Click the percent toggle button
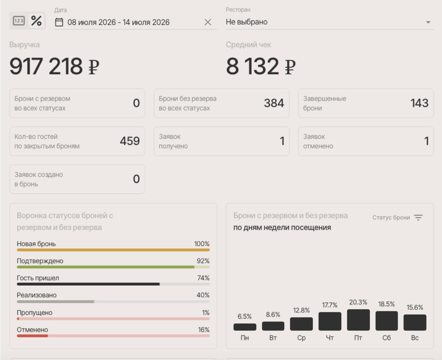pos(36,21)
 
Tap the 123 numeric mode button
pos(19,21)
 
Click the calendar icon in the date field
pos(59,22)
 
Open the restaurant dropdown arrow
pos(428,22)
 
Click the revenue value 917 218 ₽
pos(54,66)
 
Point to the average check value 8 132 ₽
pos(261,66)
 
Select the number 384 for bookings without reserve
pos(274,103)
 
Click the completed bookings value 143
pos(419,103)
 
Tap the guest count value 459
pos(130,141)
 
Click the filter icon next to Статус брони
pos(418,218)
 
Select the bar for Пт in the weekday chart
pos(358,320)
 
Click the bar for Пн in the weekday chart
pos(245,327)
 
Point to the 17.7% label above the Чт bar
pos(330,305)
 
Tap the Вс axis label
pos(415,338)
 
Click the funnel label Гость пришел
pos(38,278)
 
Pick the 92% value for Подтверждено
pos(203,261)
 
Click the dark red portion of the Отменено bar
pos(32,336)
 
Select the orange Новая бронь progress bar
pos(113,250)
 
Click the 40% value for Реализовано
pos(203,295)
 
